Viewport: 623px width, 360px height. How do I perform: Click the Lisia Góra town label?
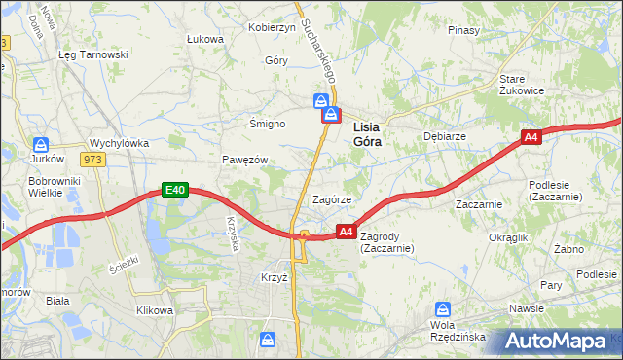(366, 133)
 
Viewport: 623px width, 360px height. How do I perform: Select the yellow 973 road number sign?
(92, 161)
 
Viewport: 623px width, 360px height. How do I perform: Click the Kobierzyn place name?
(272, 27)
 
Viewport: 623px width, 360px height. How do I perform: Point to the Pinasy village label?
(463, 30)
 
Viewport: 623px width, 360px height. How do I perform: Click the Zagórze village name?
(331, 198)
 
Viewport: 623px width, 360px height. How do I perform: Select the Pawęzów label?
(244, 160)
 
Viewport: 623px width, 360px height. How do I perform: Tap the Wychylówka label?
(119, 143)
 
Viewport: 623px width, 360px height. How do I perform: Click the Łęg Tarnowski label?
(93, 54)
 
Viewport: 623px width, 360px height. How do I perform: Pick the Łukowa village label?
(204, 39)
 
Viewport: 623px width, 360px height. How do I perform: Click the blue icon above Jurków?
(40, 142)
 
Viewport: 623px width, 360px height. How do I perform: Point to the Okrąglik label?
(508, 236)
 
